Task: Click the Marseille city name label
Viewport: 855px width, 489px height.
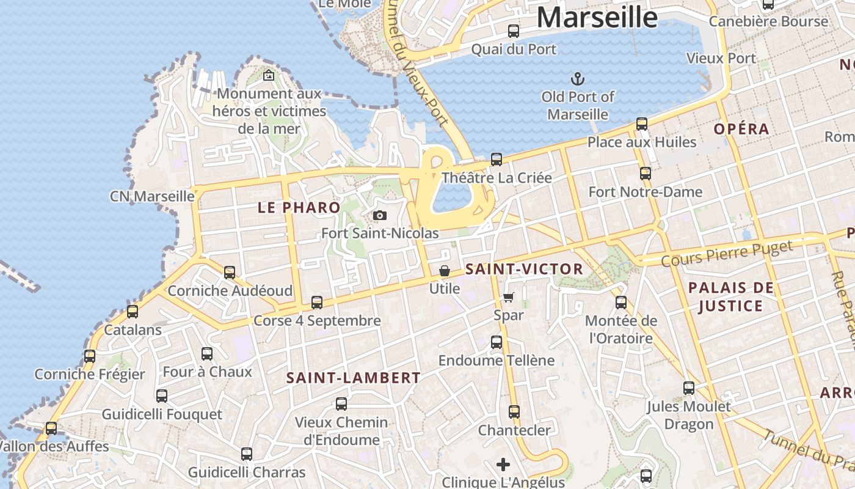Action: tap(597, 17)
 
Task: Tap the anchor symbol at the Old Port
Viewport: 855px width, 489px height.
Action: tap(577, 79)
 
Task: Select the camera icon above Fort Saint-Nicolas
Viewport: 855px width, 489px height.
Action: tap(379, 216)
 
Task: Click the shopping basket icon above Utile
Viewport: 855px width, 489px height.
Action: tap(445, 271)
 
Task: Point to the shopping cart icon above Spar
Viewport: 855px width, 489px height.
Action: tap(508, 298)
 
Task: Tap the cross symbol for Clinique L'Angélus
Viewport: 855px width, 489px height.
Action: tap(503, 465)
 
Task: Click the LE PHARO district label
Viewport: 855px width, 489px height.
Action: tap(299, 208)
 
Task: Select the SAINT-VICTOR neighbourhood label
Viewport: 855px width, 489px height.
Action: tap(524, 270)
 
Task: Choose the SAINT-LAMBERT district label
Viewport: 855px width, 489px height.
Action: tap(354, 378)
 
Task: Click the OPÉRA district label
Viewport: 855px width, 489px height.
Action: tap(741, 130)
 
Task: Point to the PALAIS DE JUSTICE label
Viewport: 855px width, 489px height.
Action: tap(731, 297)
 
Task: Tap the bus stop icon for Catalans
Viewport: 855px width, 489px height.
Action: tap(133, 312)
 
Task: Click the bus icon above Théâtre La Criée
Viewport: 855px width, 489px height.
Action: tap(497, 160)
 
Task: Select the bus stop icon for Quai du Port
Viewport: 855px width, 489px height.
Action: tap(514, 31)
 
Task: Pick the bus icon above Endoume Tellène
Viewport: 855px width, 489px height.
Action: tap(497, 342)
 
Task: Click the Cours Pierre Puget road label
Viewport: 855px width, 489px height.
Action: tap(727, 253)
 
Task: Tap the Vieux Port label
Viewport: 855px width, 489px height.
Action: tap(721, 59)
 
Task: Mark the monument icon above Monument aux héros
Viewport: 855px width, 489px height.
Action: tap(268, 76)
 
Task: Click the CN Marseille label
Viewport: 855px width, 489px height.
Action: tap(152, 197)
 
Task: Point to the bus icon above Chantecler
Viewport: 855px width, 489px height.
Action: tap(514, 412)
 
